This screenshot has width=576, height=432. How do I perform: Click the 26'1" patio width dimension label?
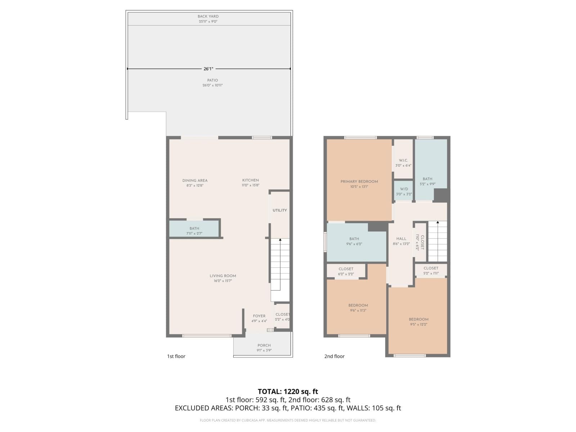(x=208, y=68)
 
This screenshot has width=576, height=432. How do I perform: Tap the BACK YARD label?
(x=208, y=16)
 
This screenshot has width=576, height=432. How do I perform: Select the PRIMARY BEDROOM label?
(x=359, y=181)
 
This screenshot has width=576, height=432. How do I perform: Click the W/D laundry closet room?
(x=404, y=191)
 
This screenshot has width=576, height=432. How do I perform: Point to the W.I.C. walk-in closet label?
(x=403, y=161)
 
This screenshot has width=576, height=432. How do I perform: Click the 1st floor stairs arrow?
(x=280, y=240)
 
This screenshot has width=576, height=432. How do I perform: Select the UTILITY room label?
(x=280, y=210)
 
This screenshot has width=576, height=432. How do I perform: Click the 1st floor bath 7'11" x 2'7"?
(x=194, y=231)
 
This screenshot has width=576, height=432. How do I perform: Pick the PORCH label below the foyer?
(x=264, y=345)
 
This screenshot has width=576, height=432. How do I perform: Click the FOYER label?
(x=259, y=316)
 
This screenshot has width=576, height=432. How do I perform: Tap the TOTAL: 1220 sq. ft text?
(x=288, y=391)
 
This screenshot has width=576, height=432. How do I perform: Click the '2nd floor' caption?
(x=334, y=356)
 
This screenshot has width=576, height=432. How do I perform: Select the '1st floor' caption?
(x=176, y=356)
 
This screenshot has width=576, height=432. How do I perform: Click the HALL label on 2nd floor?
(x=401, y=239)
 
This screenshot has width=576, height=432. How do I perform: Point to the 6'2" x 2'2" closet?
(x=346, y=271)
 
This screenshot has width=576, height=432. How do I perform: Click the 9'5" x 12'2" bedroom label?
(x=419, y=322)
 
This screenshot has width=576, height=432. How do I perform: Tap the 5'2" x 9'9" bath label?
(x=427, y=181)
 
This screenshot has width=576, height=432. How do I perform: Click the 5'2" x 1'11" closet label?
(x=431, y=270)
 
